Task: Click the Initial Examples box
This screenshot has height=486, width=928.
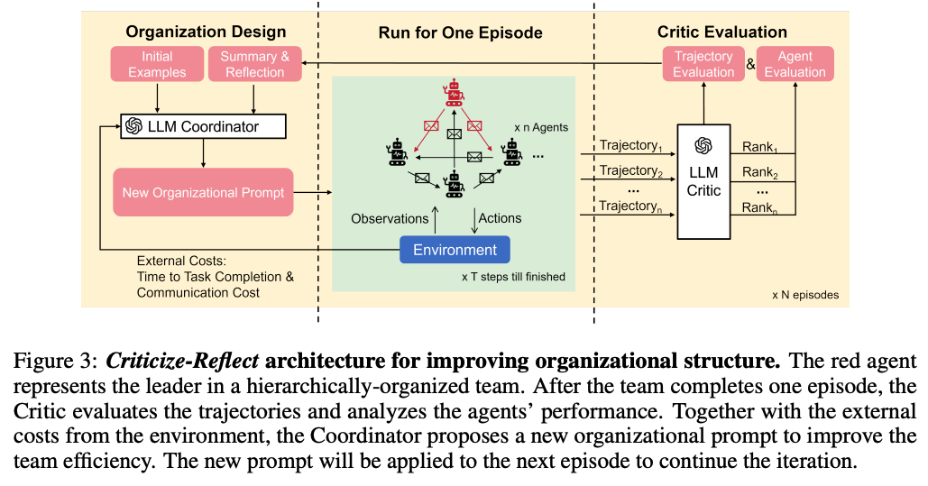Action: point(157,64)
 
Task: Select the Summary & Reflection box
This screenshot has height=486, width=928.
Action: point(255,64)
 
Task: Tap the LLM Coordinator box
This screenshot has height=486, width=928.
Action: point(203,126)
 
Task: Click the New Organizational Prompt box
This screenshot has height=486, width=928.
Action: point(203,192)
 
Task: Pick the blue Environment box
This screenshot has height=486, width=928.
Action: point(455,250)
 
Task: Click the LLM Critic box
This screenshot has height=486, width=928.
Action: point(703,180)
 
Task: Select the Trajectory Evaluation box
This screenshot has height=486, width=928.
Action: point(703,64)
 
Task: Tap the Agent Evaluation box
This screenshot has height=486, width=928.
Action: point(795,64)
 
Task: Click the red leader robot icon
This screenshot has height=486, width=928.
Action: point(453,93)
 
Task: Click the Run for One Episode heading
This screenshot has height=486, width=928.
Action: point(460,33)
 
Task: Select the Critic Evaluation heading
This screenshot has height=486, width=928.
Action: point(721,32)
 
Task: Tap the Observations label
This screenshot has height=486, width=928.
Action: point(390,218)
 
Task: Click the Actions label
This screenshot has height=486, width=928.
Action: point(500,218)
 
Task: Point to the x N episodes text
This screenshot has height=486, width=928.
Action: point(805,295)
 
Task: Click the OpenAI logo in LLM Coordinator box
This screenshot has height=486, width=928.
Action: point(134,126)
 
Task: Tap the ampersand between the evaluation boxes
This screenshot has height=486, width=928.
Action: point(750,64)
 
